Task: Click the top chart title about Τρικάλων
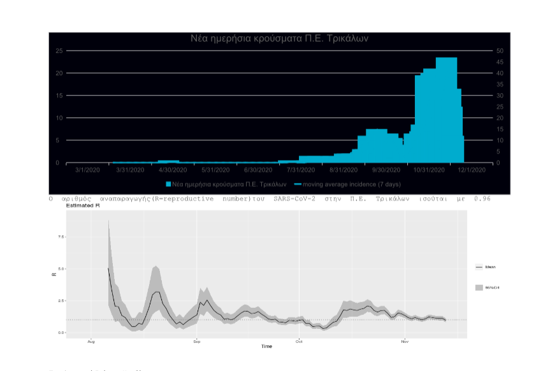click(279, 38)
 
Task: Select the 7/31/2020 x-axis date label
click(300, 170)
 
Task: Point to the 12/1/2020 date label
click(472, 170)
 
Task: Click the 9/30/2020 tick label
click(386, 170)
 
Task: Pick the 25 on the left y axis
click(59, 50)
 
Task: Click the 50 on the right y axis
click(500, 50)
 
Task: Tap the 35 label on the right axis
click(500, 84)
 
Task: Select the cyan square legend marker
click(168, 184)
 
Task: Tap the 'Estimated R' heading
click(83, 205)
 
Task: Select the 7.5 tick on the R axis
click(61, 236)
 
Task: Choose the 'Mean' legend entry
click(491, 266)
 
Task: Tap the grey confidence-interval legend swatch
click(479, 288)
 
